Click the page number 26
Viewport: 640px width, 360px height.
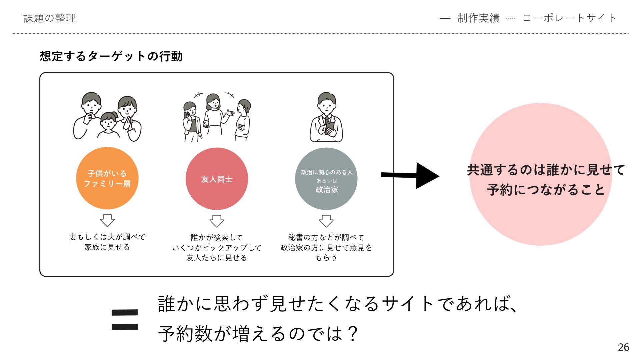623,347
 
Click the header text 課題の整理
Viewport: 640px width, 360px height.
50,18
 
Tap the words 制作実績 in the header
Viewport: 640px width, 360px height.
478,18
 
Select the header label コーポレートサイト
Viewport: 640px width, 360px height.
569,18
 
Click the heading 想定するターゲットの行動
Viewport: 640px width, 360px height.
111,56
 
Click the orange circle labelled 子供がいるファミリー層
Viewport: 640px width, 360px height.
107,178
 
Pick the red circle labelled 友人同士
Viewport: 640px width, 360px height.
217,179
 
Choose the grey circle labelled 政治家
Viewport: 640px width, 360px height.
326,179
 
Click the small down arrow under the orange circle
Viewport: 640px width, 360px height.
107,220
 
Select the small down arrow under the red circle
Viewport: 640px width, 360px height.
217,221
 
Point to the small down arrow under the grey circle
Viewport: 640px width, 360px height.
326,221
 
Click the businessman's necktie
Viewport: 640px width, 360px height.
327,122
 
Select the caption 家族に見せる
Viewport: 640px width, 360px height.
107,247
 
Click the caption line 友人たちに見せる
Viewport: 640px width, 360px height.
217,258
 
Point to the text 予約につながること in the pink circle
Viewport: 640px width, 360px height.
546,190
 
